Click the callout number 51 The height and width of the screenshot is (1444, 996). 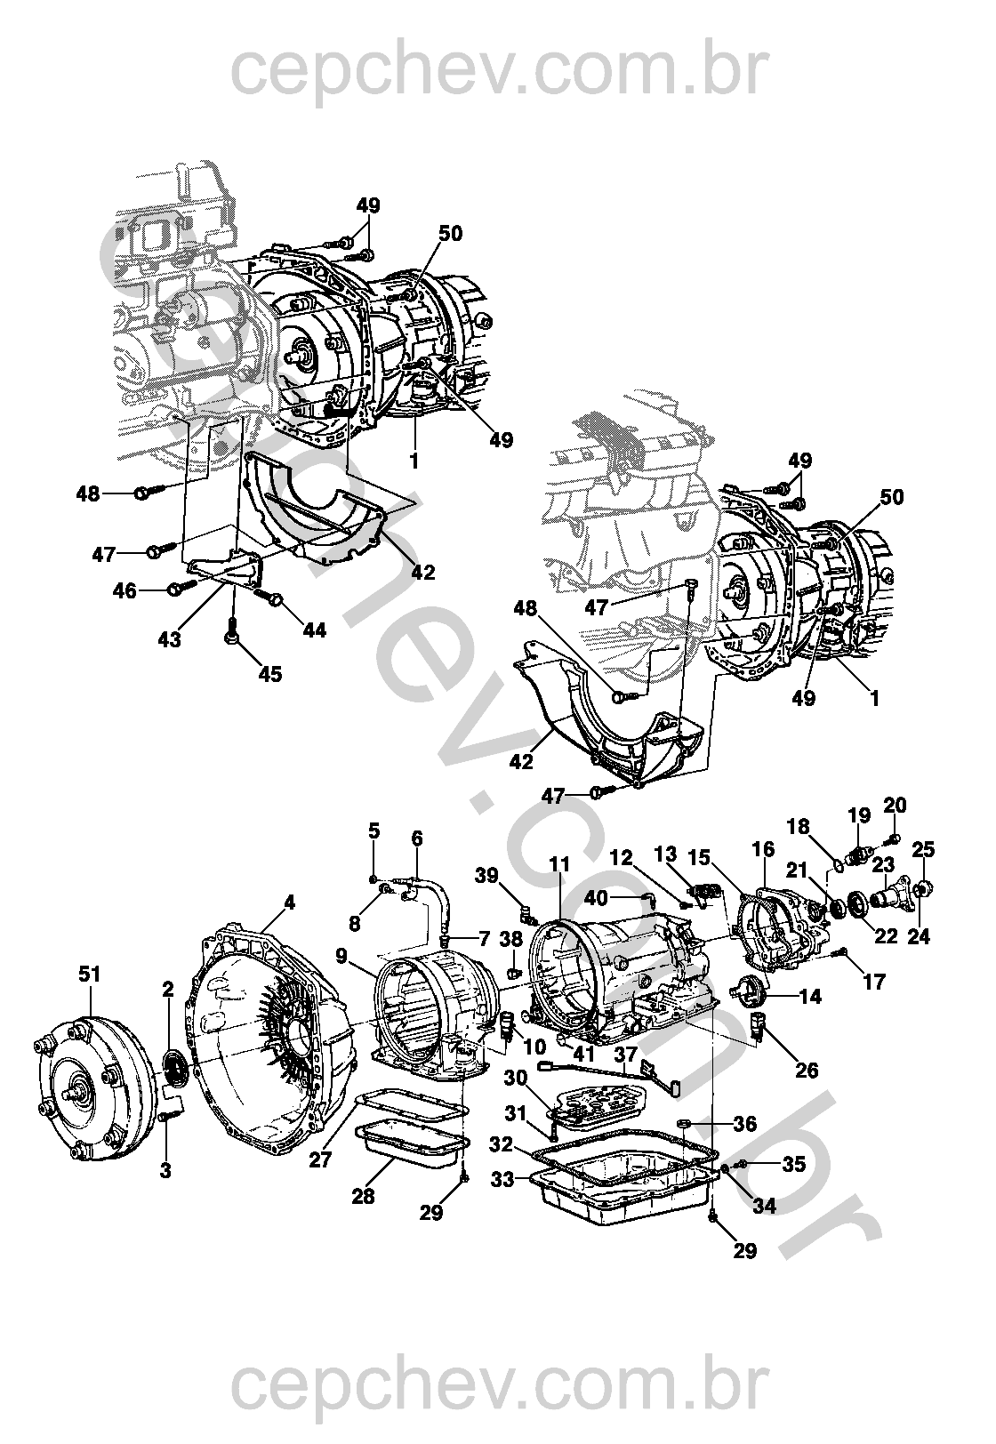[x=90, y=974]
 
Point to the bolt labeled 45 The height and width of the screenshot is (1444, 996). [x=231, y=634]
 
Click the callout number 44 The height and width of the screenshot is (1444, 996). [x=314, y=630]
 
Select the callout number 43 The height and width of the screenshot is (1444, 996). [x=169, y=639]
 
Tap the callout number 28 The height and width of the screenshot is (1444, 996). [x=363, y=1196]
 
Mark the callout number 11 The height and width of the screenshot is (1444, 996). [x=558, y=863]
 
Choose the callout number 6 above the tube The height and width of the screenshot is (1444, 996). [x=417, y=838]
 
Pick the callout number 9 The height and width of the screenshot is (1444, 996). [x=341, y=957]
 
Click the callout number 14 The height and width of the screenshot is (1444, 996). [x=809, y=998]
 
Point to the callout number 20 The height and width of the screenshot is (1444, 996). [x=895, y=806]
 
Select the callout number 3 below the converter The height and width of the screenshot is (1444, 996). [x=165, y=1170]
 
